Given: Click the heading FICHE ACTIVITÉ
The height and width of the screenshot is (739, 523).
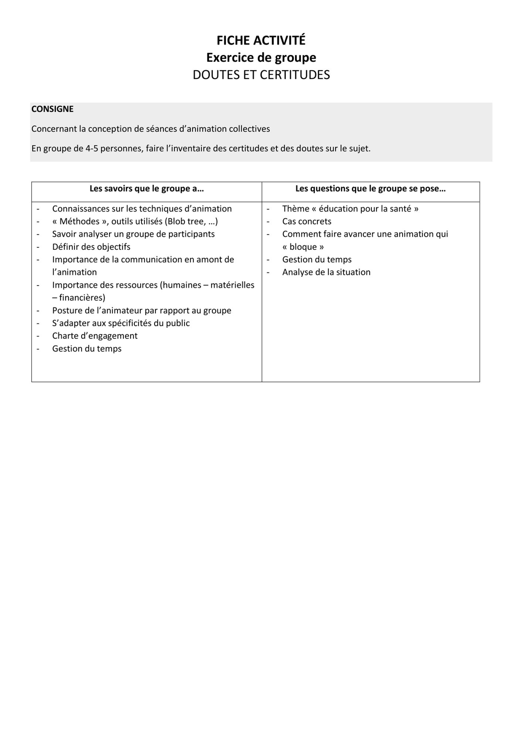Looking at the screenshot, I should point(261,40).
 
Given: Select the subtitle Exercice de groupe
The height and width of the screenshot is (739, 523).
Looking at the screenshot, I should point(261,58).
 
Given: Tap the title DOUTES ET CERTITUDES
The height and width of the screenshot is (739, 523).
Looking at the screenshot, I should point(261,75).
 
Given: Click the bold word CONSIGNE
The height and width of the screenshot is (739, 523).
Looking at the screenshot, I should point(52,109).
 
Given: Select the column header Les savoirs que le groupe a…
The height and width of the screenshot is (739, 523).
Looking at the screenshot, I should point(146,189).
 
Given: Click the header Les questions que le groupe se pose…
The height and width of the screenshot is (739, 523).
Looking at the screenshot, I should point(370,189).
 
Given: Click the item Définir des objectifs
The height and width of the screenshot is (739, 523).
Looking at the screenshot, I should point(91,247).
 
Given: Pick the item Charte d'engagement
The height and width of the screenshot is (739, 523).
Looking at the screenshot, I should point(95,336).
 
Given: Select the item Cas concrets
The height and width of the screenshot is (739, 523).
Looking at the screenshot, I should point(307,221).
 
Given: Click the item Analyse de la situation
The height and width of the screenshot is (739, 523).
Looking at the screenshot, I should point(326,272).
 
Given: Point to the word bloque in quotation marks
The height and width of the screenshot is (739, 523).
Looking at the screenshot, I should point(303,247).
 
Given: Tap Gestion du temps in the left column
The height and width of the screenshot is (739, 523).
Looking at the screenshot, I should point(87,349).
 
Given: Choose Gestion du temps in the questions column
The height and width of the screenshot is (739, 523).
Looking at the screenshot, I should point(317,259).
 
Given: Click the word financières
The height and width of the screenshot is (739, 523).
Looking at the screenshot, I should point(82,298).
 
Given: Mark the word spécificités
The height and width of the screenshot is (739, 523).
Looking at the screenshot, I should point(129,323).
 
